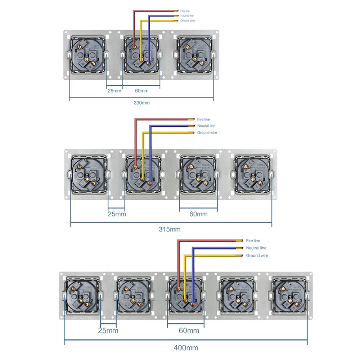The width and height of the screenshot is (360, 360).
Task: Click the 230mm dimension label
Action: [141, 103]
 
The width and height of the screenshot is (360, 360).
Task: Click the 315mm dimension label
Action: [170, 229]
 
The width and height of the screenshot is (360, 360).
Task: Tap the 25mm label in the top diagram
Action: [114, 90]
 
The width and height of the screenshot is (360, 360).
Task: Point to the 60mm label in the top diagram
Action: [141, 90]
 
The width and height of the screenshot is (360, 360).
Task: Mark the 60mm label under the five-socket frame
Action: [189, 330]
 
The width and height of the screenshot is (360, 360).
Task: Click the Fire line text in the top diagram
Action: [185, 11]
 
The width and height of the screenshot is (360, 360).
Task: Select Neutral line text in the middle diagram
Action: [206, 126]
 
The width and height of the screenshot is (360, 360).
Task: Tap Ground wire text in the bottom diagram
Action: [257, 256]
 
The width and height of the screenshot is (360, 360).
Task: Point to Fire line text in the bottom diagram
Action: [253, 240]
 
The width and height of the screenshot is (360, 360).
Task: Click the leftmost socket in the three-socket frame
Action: [87, 55]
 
